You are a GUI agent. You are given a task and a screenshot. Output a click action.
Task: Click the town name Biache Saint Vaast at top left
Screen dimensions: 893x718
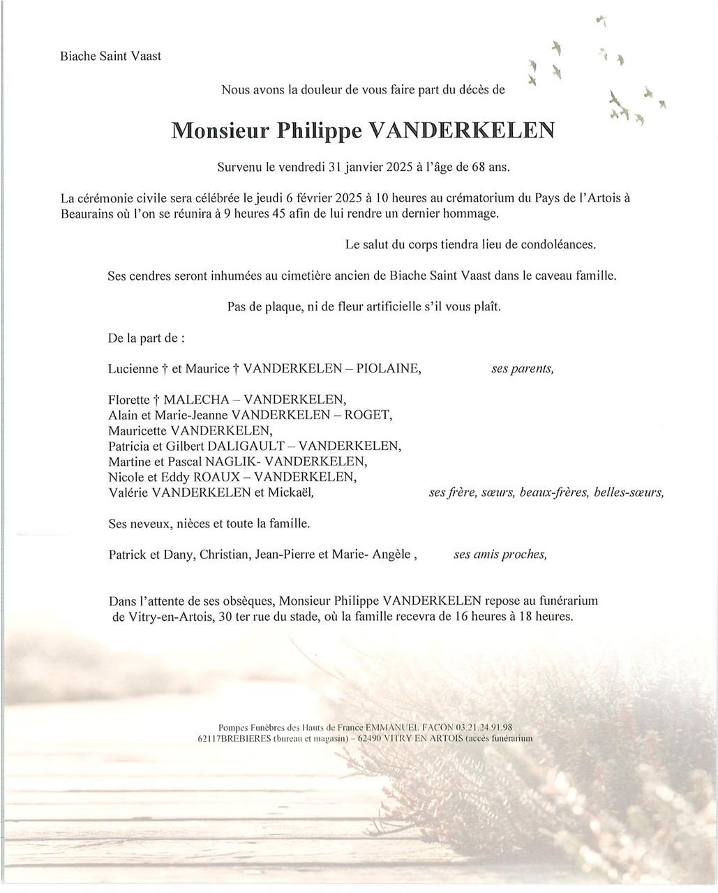click(x=110, y=56)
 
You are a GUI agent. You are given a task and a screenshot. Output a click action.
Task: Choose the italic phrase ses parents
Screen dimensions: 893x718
click(x=523, y=369)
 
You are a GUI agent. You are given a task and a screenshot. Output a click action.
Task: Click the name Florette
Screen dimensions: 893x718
click(x=129, y=400)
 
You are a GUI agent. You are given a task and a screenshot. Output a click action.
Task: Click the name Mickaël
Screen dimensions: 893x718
click(x=287, y=493)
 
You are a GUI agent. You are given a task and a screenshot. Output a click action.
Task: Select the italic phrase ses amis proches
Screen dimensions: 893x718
click(x=500, y=555)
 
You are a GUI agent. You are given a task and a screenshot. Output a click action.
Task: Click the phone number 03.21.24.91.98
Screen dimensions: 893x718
click(x=484, y=727)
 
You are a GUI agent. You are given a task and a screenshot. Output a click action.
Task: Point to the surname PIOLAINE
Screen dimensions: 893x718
click(x=388, y=369)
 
